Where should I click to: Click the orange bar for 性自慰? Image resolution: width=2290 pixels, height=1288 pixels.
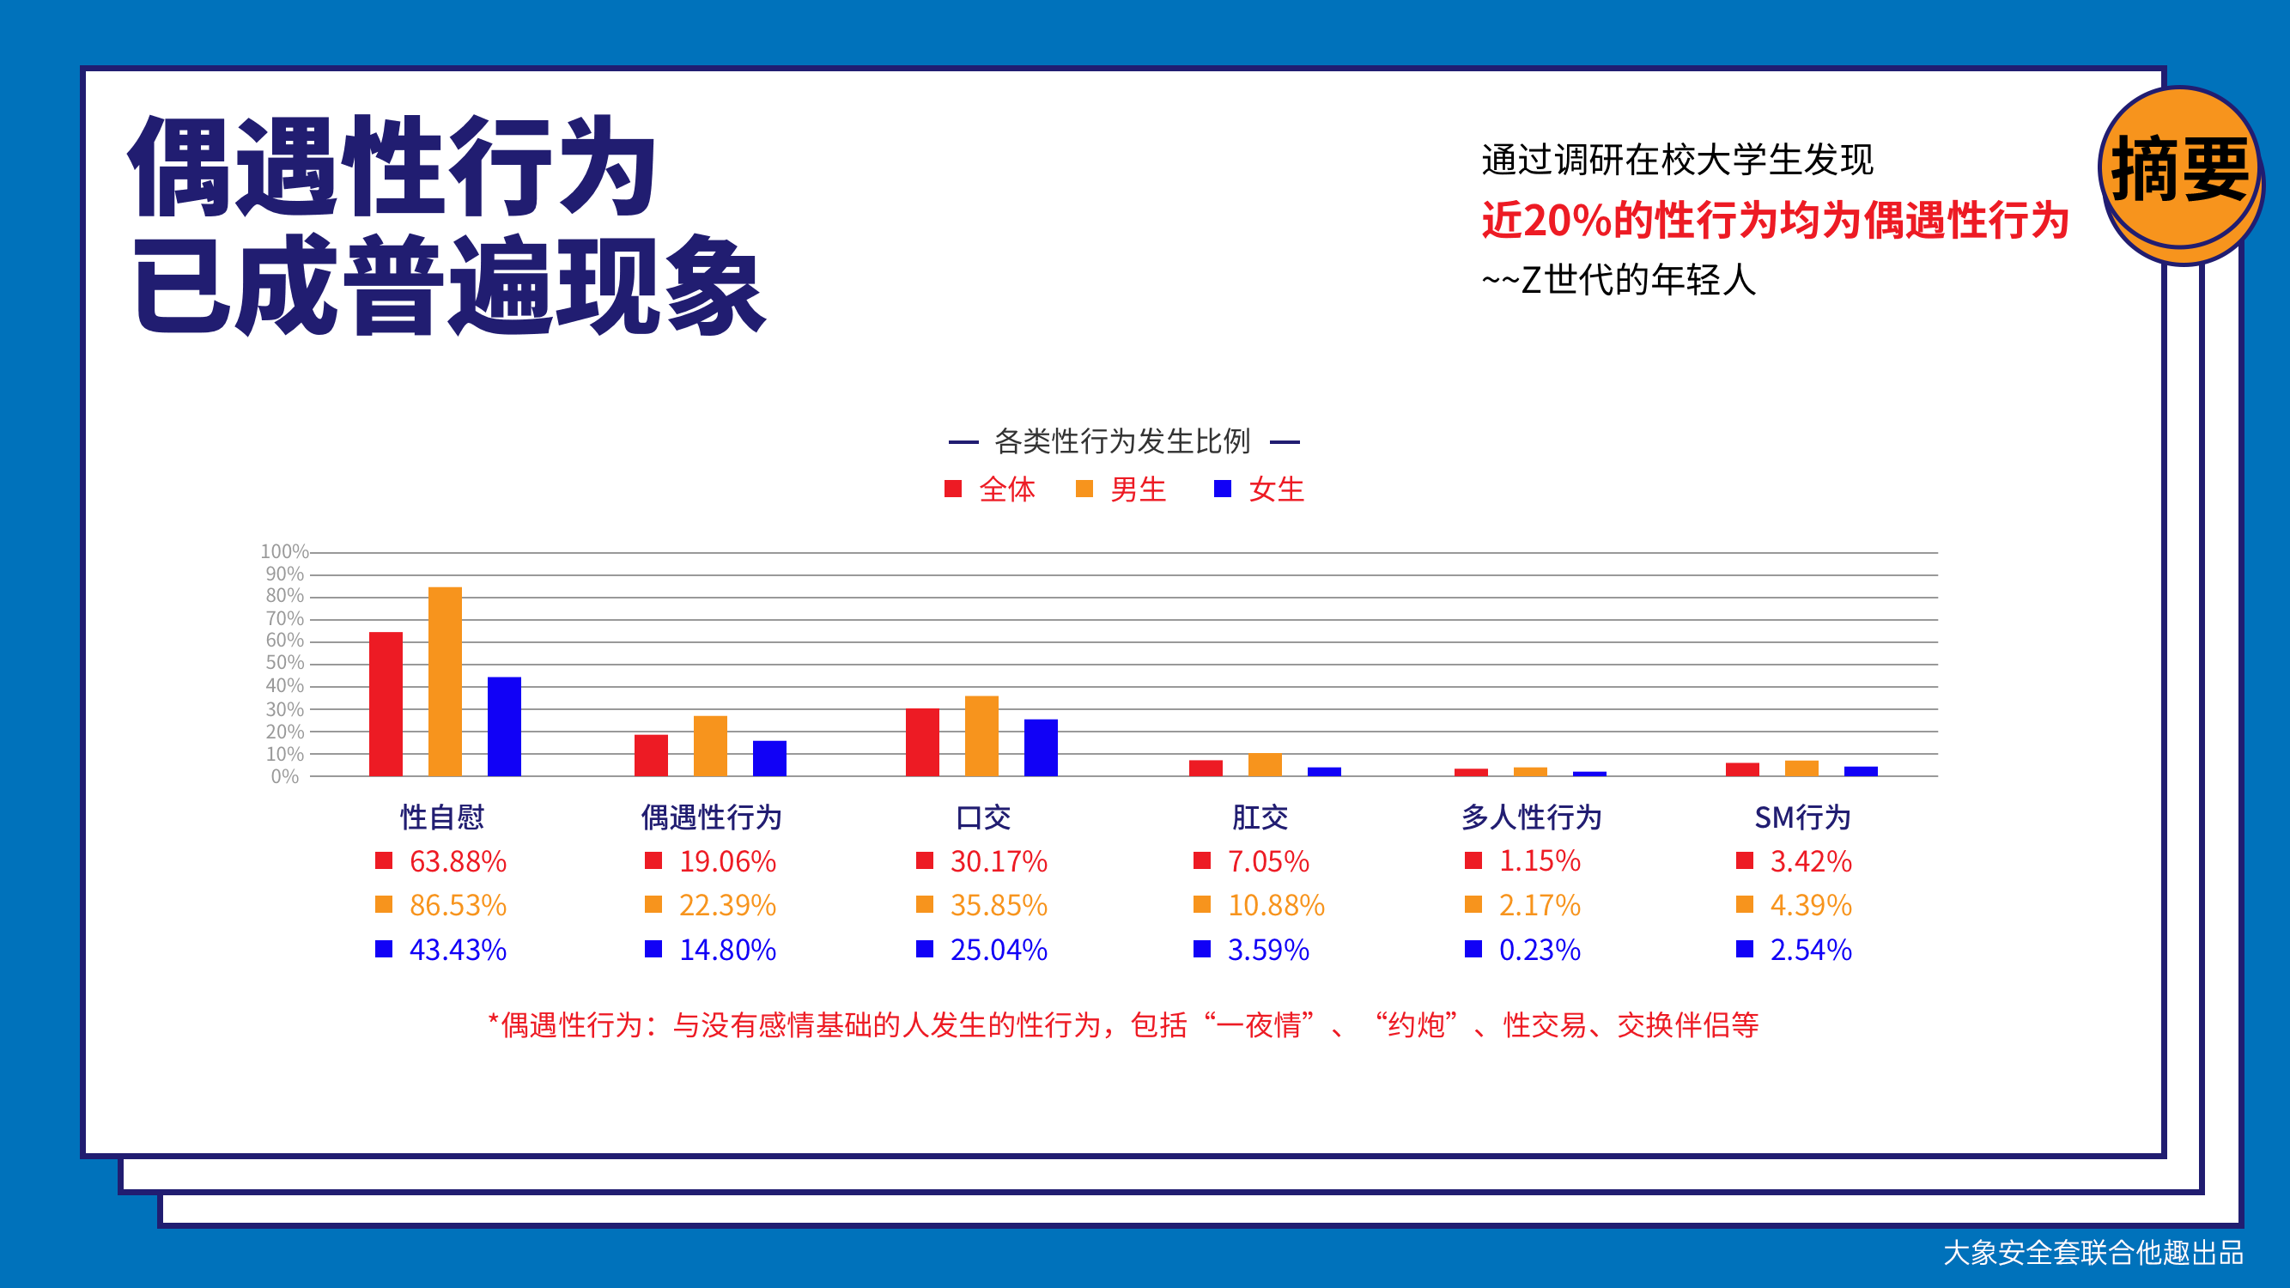[x=445, y=681]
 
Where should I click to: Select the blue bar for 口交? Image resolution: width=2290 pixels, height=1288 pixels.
[x=1041, y=748]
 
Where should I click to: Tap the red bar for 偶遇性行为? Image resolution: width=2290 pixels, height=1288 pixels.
[x=651, y=756]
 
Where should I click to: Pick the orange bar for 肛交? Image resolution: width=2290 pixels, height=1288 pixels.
[x=1265, y=764]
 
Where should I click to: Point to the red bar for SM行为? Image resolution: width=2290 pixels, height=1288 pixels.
[x=1742, y=769]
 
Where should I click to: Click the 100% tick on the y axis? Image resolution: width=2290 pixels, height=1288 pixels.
[x=283, y=552]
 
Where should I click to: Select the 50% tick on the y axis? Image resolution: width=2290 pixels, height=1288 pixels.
[x=284, y=663]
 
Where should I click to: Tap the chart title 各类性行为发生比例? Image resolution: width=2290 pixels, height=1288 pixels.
[x=1123, y=440]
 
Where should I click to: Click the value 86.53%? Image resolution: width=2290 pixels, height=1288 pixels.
[x=458, y=906]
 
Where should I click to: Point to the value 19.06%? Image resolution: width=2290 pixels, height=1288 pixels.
[x=728, y=861]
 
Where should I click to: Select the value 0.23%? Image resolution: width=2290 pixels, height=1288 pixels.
[x=1540, y=951]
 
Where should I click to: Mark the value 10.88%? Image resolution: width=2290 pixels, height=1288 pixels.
[x=1277, y=906]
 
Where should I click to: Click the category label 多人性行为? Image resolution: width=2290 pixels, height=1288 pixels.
[x=1532, y=817]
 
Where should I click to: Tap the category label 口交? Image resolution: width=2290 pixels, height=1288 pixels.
[x=983, y=817]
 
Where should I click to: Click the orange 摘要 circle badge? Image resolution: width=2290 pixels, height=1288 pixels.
[x=2180, y=169]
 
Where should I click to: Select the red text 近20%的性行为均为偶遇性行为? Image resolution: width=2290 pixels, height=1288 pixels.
[x=1776, y=220]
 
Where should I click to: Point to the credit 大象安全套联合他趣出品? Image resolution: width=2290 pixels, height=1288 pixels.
[x=2093, y=1253]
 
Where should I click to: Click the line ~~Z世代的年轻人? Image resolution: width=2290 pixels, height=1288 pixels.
[x=1619, y=280]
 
